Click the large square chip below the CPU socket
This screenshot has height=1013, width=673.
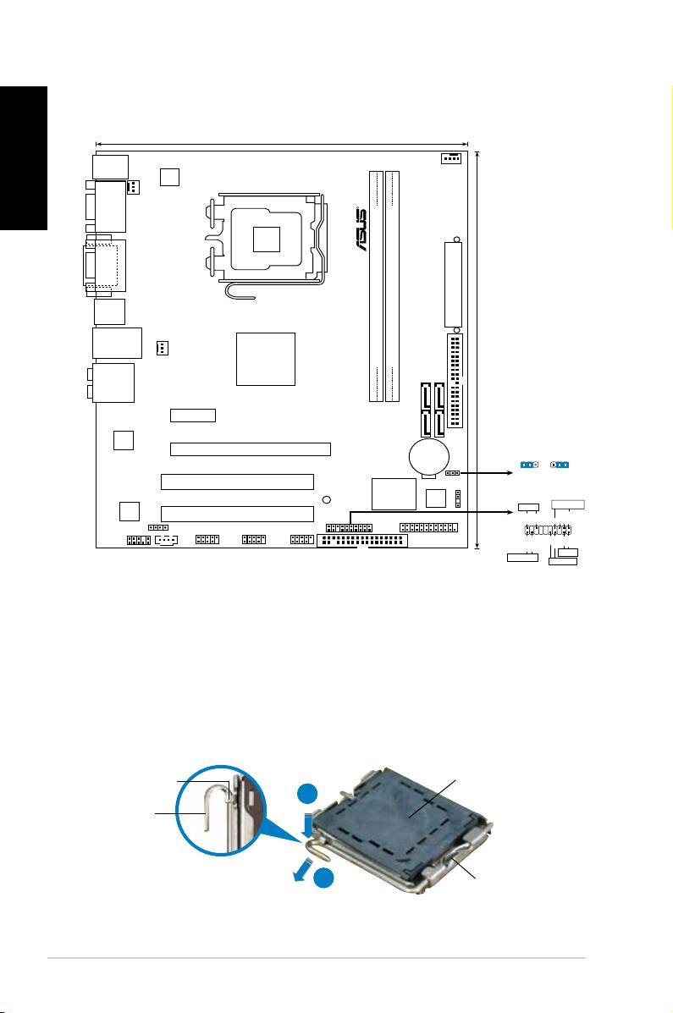[267, 359]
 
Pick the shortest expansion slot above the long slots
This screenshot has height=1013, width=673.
[193, 416]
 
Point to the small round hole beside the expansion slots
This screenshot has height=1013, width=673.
[327, 499]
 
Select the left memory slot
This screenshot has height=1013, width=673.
[376, 285]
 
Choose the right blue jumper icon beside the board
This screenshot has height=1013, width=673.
[560, 465]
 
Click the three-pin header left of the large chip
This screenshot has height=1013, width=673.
[163, 348]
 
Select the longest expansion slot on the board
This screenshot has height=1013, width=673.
[250, 449]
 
